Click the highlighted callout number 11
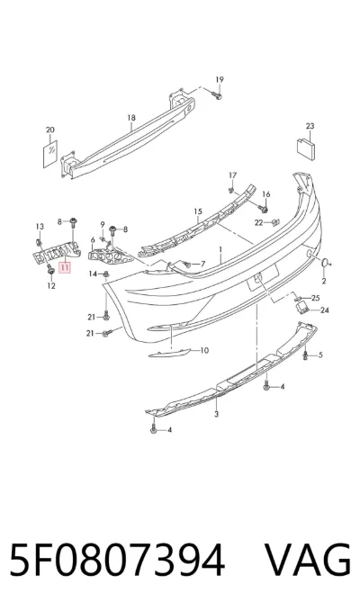pyautogui.click(x=65, y=267)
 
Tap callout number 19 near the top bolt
pyautogui.click(x=220, y=80)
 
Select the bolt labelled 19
pyautogui.click(x=217, y=95)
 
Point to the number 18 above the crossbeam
pyautogui.click(x=131, y=118)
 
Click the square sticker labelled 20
pyautogui.click(x=50, y=154)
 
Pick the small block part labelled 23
pyautogui.click(x=307, y=148)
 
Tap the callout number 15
pyautogui.click(x=198, y=211)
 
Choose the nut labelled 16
pyautogui.click(x=265, y=210)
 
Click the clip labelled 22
pyautogui.click(x=274, y=222)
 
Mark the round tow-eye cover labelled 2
pyautogui.click(x=324, y=263)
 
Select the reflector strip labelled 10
pyautogui.click(x=169, y=353)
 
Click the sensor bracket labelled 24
pyautogui.click(x=301, y=308)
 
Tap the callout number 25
pyautogui.click(x=316, y=298)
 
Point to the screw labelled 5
pyautogui.click(x=306, y=355)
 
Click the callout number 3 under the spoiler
pyautogui.click(x=217, y=414)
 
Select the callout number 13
pyautogui.click(x=40, y=227)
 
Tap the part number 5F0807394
pyautogui.click(x=117, y=560)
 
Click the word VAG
pyautogui.click(x=308, y=560)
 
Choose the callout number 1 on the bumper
pyautogui.click(x=220, y=248)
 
